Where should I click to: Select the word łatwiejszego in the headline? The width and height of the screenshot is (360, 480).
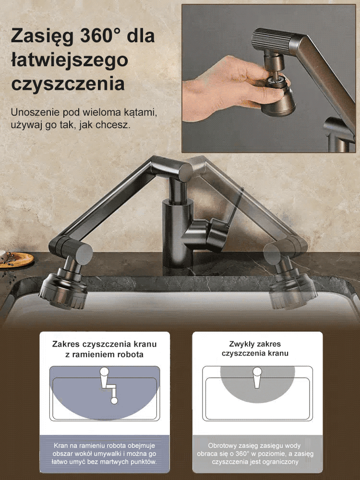(69, 60)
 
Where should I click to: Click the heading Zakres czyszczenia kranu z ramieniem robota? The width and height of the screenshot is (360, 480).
(104, 349)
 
